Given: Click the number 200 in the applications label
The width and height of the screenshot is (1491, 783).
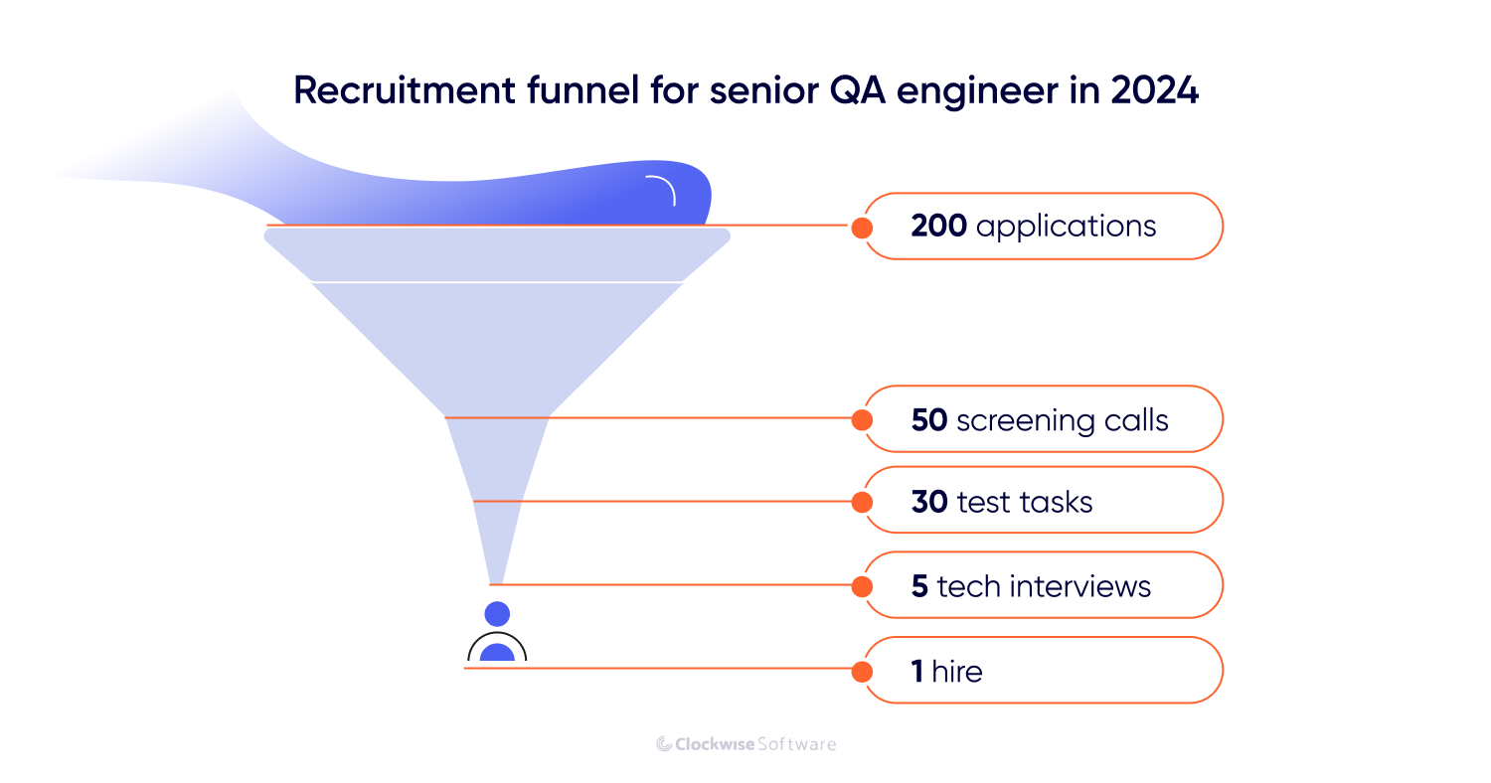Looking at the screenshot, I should [938, 227].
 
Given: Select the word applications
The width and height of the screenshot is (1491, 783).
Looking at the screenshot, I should [1066, 228].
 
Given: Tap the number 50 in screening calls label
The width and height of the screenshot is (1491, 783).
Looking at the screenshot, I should [928, 420].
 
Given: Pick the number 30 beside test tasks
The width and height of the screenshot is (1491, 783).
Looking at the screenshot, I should [929, 502].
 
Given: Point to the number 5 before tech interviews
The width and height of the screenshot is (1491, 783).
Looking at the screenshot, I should [919, 586].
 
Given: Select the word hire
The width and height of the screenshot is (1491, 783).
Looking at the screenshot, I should [957, 672].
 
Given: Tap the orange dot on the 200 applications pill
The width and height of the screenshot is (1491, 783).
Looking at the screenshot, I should [862, 228].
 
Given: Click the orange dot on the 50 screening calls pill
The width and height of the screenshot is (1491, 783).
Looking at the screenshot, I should [862, 420].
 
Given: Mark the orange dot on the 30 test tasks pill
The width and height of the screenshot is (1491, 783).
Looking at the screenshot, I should [862, 502].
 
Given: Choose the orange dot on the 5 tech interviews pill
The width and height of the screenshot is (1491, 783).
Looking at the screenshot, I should [862, 586].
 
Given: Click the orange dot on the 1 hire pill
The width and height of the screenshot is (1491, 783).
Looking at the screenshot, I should [862, 672].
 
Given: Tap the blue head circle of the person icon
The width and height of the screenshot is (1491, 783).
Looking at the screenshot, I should [497, 614].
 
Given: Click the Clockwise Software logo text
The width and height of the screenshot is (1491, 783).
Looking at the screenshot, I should [746, 744].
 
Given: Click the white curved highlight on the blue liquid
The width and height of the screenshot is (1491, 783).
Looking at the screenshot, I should [662, 189].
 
